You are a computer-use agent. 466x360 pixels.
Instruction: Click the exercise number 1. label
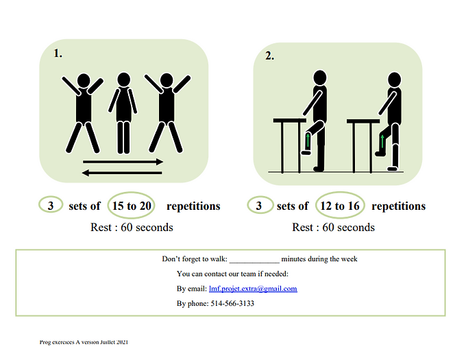tap(58, 53)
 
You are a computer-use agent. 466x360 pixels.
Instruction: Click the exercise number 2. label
tap(269, 56)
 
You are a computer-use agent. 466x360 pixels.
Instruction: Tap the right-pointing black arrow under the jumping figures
tap(123, 162)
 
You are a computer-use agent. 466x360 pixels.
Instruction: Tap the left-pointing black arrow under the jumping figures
tap(122, 173)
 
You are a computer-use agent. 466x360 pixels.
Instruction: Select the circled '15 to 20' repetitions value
tap(132, 206)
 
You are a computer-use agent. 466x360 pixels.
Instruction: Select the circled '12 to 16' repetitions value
tap(340, 206)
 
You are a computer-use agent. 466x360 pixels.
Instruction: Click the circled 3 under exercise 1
tap(51, 205)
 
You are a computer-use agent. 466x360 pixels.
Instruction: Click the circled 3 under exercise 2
tap(259, 205)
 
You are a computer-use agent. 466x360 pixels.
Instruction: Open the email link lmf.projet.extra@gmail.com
tap(253, 289)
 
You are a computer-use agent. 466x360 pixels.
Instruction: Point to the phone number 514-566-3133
tap(232, 304)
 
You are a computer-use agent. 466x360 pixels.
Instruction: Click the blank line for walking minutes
tap(254, 263)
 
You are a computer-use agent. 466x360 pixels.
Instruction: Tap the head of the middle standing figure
tap(123, 80)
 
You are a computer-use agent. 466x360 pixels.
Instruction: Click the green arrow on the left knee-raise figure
tap(308, 141)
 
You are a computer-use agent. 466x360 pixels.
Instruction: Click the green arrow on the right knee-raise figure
tap(382, 141)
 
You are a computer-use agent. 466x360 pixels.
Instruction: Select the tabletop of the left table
tap(290, 121)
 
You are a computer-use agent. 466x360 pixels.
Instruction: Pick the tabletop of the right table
tap(363, 121)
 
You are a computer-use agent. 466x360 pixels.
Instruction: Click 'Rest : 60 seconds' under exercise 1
tap(132, 228)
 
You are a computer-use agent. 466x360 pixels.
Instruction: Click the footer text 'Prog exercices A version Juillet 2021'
tap(84, 342)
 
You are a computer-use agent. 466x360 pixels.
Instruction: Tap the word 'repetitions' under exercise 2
tap(399, 206)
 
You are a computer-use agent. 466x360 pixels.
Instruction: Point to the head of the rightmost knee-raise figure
tap(394, 80)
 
